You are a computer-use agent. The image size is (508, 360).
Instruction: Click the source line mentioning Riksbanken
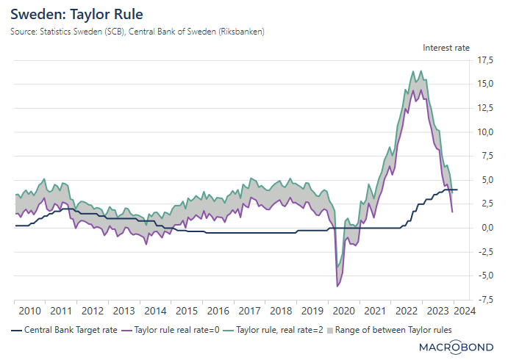coord(137,32)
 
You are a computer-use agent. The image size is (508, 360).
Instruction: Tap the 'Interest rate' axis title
coord(446,48)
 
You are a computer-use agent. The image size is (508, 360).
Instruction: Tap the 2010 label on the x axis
coord(29,311)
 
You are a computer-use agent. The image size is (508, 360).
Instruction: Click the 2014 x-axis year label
coord(155,311)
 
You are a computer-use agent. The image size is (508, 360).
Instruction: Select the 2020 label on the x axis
coord(343,311)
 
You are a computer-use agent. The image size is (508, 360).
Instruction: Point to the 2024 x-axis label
coord(468,311)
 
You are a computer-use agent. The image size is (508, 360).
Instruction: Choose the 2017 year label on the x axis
coord(249,311)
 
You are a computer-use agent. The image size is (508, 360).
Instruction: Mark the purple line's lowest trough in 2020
coord(337,286)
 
